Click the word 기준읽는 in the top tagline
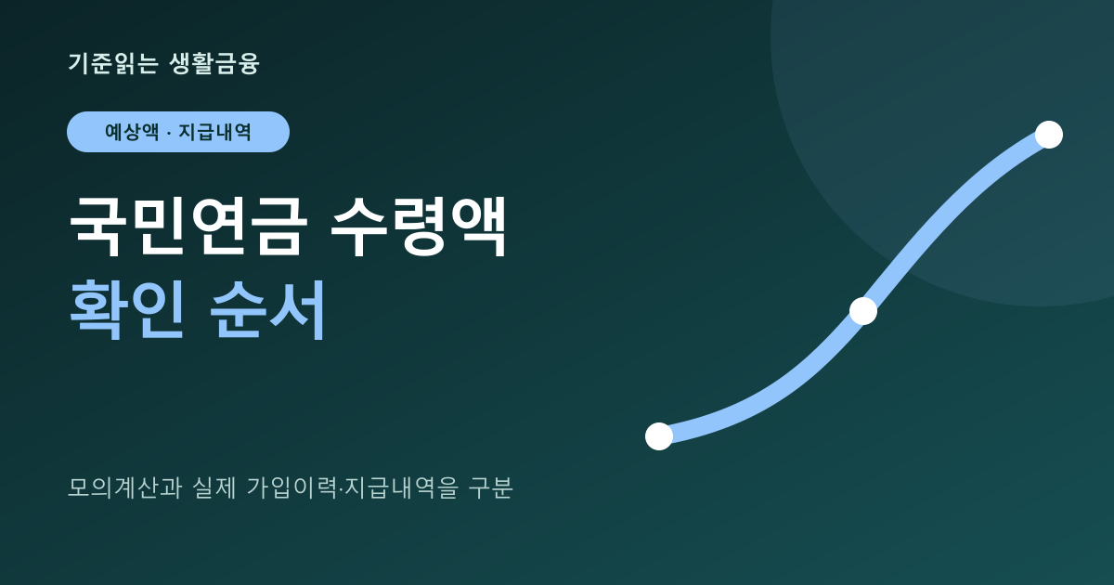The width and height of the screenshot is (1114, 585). click(x=113, y=64)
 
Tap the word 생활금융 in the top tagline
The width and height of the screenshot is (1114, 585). click(x=214, y=64)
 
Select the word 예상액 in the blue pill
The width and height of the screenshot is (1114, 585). click(x=132, y=132)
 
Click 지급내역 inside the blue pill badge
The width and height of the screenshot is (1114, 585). click(x=214, y=132)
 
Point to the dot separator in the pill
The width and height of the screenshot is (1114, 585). click(x=169, y=133)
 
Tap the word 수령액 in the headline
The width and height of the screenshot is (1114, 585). click(x=419, y=227)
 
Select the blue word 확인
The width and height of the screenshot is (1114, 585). click(x=127, y=309)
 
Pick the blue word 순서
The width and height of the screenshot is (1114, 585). click(x=267, y=309)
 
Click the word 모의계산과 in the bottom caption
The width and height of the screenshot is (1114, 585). click(x=124, y=487)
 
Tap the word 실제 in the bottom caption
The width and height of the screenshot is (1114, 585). click(x=214, y=487)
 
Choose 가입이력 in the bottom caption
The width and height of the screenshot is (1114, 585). click(x=291, y=487)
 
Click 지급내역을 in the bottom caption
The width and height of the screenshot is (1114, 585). click(x=401, y=487)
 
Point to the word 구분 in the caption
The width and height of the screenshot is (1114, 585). click(x=490, y=487)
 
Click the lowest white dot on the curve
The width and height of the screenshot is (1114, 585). click(x=659, y=436)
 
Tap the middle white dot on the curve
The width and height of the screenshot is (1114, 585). click(x=863, y=311)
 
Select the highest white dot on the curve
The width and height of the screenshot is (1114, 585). click(x=1049, y=135)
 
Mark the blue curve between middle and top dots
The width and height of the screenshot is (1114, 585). click(x=952, y=209)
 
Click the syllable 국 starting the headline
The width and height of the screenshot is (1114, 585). click(x=96, y=227)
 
